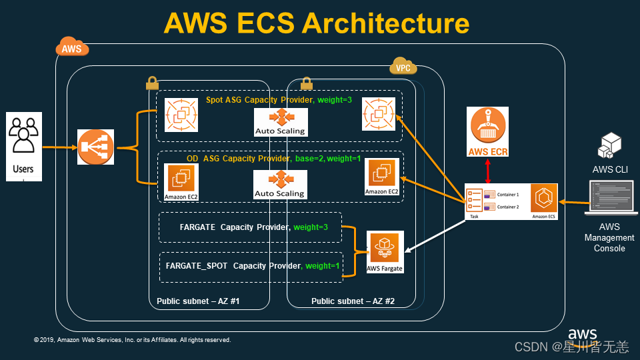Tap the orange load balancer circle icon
96,147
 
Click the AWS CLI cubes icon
610,146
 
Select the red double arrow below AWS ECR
489,172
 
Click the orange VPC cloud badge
403,67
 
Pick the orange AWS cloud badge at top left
71,48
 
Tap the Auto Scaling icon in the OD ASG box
281,184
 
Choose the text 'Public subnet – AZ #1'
198,301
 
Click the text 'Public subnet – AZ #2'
353,301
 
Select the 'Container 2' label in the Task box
508,207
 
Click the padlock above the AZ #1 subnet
151,83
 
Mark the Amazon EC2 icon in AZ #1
181,182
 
